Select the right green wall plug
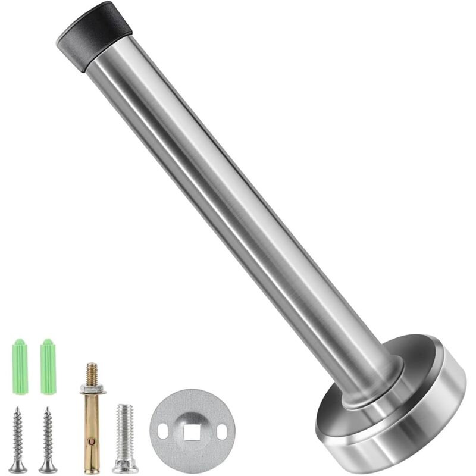(x=48, y=366)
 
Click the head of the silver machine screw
(x=125, y=466)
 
